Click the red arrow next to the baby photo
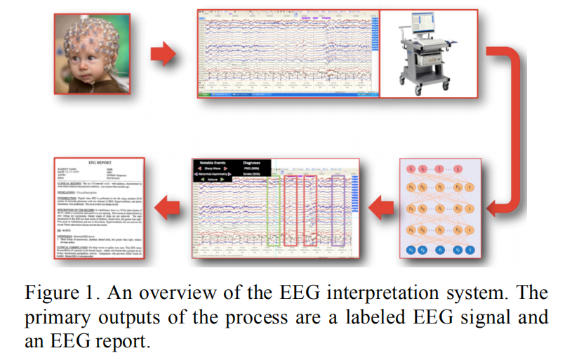(x=164, y=53)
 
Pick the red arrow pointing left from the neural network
(x=381, y=208)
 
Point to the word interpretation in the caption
(x=418, y=293)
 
